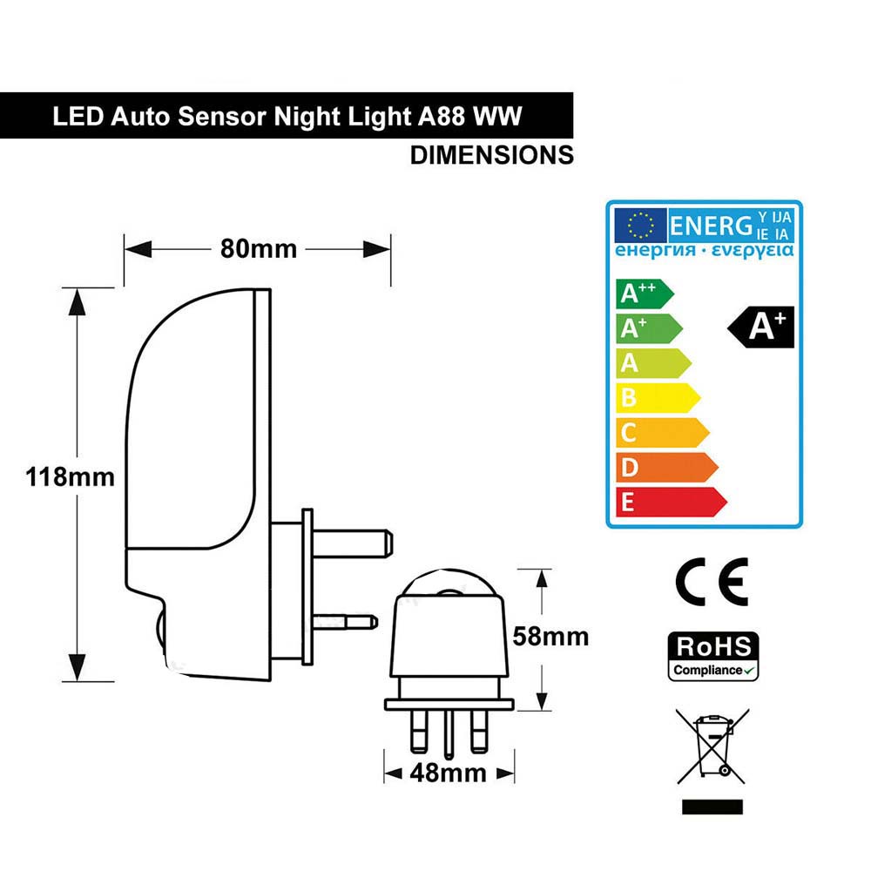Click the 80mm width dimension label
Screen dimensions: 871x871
click(x=259, y=249)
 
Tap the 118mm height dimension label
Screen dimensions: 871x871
click(x=70, y=477)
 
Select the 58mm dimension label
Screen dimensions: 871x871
click(x=550, y=637)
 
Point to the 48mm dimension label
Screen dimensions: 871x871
click(x=449, y=773)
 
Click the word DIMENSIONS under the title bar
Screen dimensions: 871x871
click(x=491, y=155)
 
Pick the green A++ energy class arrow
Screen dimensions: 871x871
click(x=645, y=294)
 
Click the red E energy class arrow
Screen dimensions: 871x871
click(x=672, y=503)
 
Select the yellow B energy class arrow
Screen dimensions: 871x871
click(x=658, y=398)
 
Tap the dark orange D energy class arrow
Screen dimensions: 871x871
click(x=667, y=467)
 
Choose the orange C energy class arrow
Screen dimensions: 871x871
click(x=663, y=433)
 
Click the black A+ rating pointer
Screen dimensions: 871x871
click(x=761, y=327)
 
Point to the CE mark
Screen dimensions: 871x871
click(x=712, y=582)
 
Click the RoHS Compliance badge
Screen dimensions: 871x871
click(x=713, y=657)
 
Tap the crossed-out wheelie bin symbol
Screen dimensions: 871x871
click(x=712, y=746)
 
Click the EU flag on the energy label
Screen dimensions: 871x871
click(x=640, y=226)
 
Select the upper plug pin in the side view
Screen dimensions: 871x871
click(x=353, y=544)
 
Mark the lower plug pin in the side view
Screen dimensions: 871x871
click(x=345, y=622)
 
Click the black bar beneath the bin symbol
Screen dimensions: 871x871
click(x=712, y=807)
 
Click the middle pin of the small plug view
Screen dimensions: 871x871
click(x=449, y=734)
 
